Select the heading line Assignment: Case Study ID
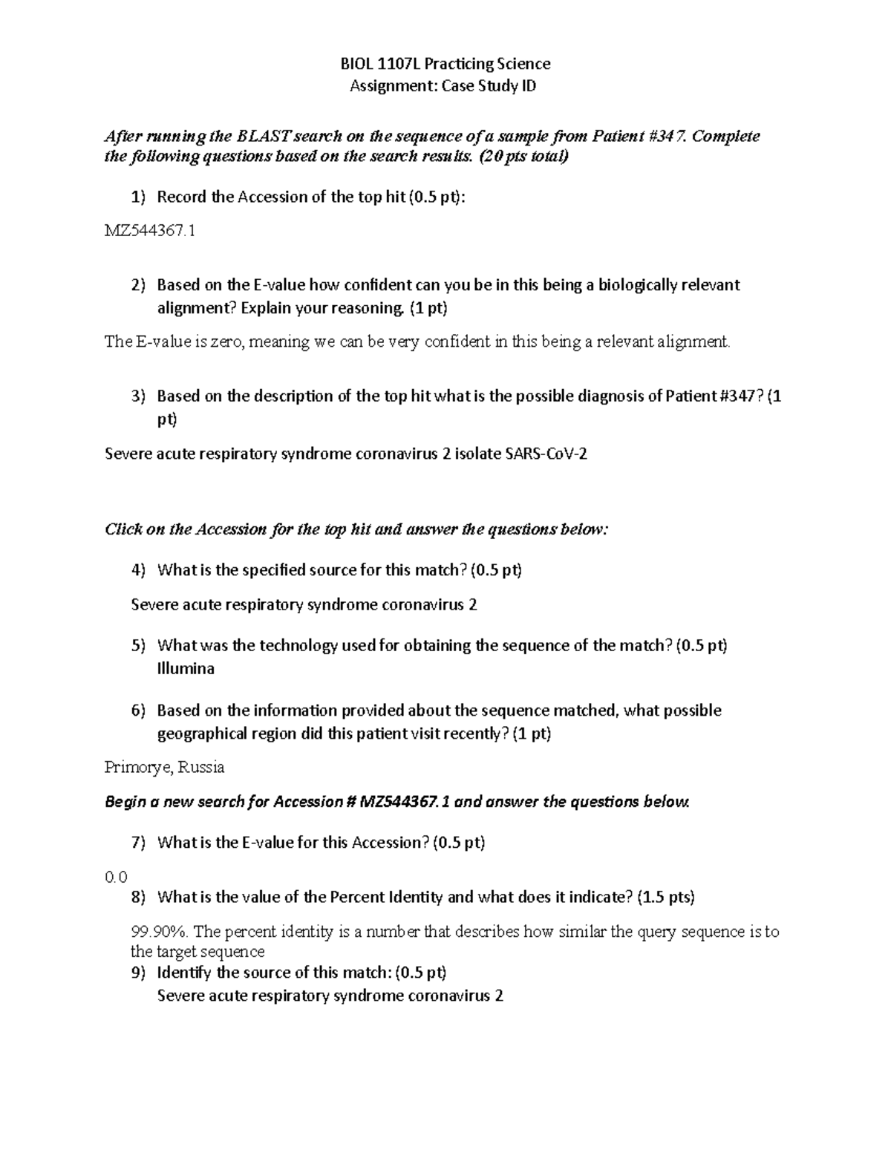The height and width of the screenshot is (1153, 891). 443,86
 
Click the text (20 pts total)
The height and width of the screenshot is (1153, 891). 524,157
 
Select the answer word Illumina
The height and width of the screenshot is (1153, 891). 186,669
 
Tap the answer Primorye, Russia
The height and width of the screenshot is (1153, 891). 165,767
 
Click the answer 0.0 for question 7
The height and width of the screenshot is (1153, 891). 117,877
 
